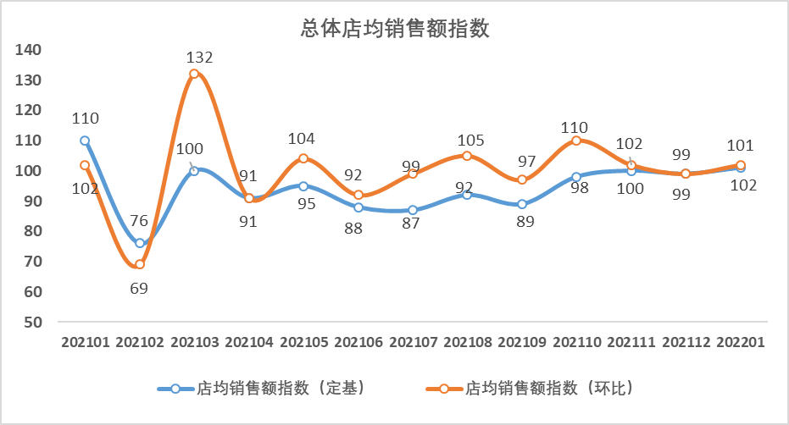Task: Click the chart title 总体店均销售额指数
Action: point(396,29)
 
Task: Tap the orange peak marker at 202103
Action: point(194,74)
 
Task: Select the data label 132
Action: point(200,58)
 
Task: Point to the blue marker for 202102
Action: point(140,243)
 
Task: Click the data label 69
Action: point(139,288)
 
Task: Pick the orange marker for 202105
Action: point(303,158)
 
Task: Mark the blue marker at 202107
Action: point(413,210)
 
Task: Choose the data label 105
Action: point(467,139)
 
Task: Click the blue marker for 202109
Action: point(522,204)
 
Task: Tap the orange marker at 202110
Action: point(576,141)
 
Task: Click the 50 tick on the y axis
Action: point(32,322)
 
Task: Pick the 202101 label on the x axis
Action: point(86,342)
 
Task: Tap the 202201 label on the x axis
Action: point(741,342)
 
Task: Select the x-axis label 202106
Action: point(358,342)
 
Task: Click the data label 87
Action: point(412,227)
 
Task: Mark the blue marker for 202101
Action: point(85,141)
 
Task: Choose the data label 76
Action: point(139,222)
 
